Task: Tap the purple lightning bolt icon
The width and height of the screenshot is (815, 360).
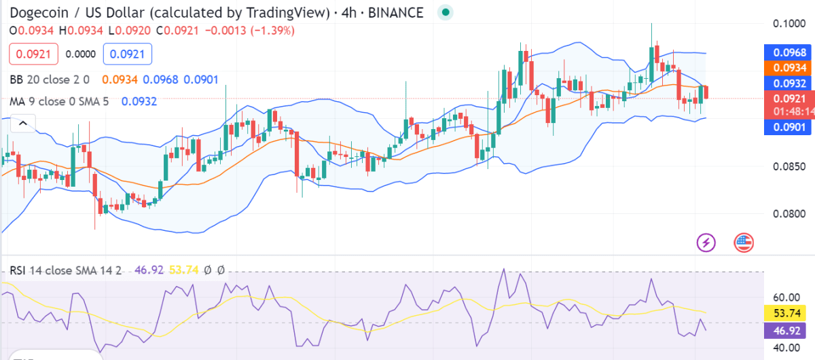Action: click(707, 241)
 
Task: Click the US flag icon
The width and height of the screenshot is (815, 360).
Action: click(744, 241)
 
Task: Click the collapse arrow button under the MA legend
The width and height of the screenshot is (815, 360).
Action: click(22, 123)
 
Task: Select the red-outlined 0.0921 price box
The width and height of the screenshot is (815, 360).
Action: click(33, 54)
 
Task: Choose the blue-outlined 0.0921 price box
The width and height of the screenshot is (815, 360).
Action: click(128, 54)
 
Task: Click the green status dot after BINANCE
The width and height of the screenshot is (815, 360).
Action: click(445, 12)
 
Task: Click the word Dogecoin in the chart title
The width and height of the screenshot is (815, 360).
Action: click(41, 12)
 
